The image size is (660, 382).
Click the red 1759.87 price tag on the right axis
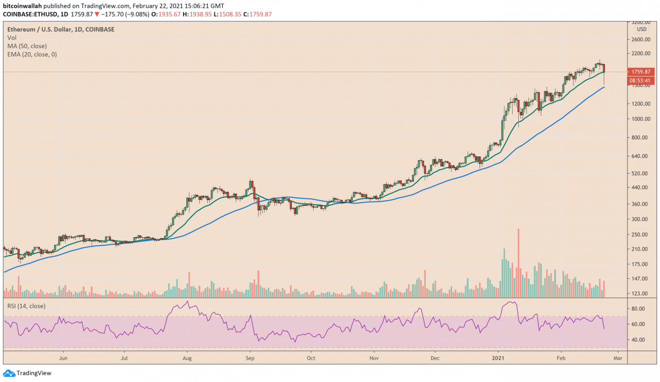pyautogui.click(x=640, y=72)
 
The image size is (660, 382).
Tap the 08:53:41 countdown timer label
pyautogui.click(x=640, y=80)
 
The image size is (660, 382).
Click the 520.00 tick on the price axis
pyautogui.click(x=640, y=173)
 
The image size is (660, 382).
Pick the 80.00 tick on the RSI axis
pyautogui.click(x=638, y=309)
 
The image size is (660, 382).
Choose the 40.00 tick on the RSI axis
pyautogui.click(x=638, y=340)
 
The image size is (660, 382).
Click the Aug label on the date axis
pyautogui.click(x=187, y=357)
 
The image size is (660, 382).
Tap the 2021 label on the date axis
pyautogui.click(x=499, y=357)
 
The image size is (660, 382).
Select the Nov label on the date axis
pyautogui.click(x=374, y=357)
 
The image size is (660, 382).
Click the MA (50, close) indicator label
pyautogui.click(x=27, y=46)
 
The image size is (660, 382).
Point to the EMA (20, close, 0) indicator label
pyautogui.click(x=32, y=54)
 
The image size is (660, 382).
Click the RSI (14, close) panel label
pyautogui.click(x=26, y=306)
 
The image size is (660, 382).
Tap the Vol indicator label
pyautogui.click(x=11, y=38)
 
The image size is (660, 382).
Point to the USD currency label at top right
pyautogui.click(x=641, y=29)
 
